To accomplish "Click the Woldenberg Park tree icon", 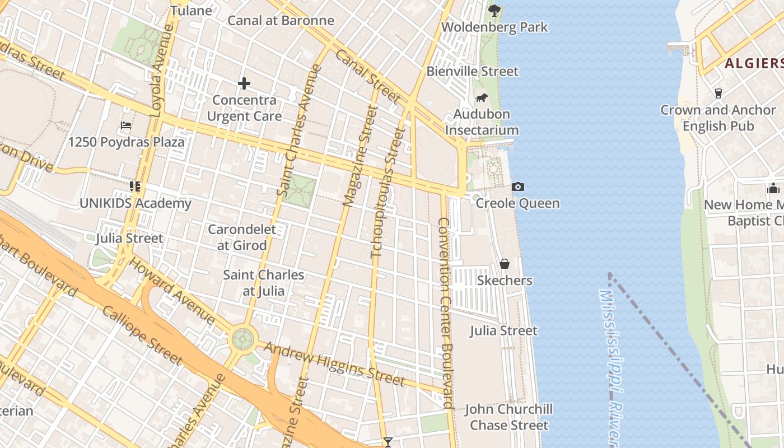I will coord(494,10).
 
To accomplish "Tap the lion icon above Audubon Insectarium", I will coord(481,99).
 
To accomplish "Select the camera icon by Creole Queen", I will coord(518,186).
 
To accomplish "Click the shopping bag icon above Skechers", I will coord(505,263).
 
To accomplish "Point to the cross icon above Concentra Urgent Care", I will coord(244,84).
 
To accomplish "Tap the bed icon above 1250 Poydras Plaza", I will coord(126,125).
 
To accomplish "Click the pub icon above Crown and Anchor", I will coord(718,93).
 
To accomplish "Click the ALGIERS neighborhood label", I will coord(754,63).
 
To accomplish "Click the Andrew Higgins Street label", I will coord(334,363).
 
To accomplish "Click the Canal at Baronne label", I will coord(281,21).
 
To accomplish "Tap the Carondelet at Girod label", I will coord(242,237).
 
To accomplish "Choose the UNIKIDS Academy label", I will coord(135,203).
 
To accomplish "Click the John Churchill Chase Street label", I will coord(509,417).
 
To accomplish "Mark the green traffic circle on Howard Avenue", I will coord(242,338).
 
